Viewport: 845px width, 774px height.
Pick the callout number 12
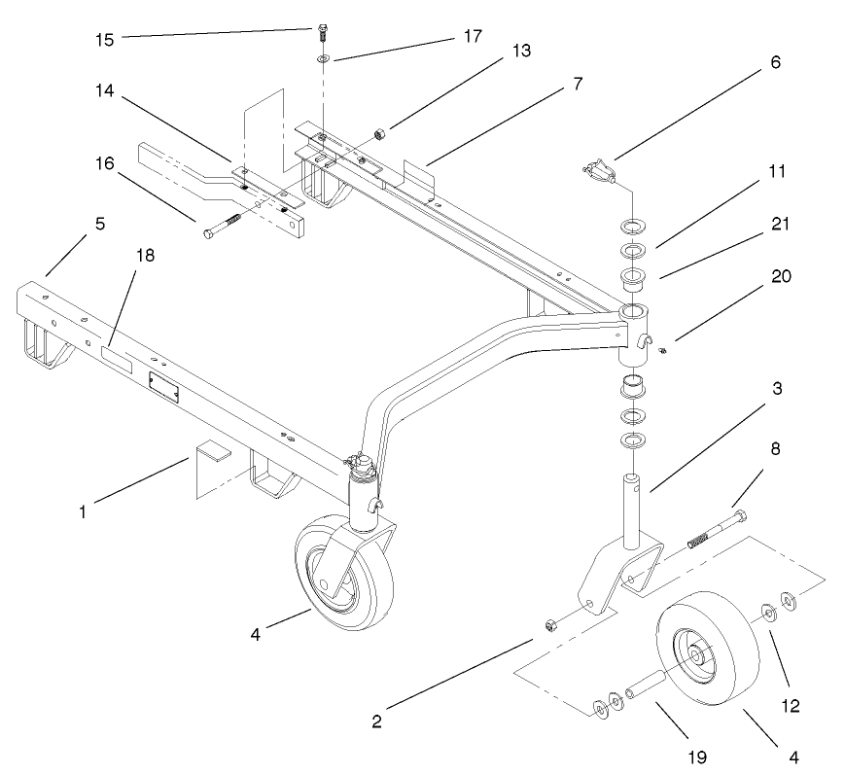(789, 706)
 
